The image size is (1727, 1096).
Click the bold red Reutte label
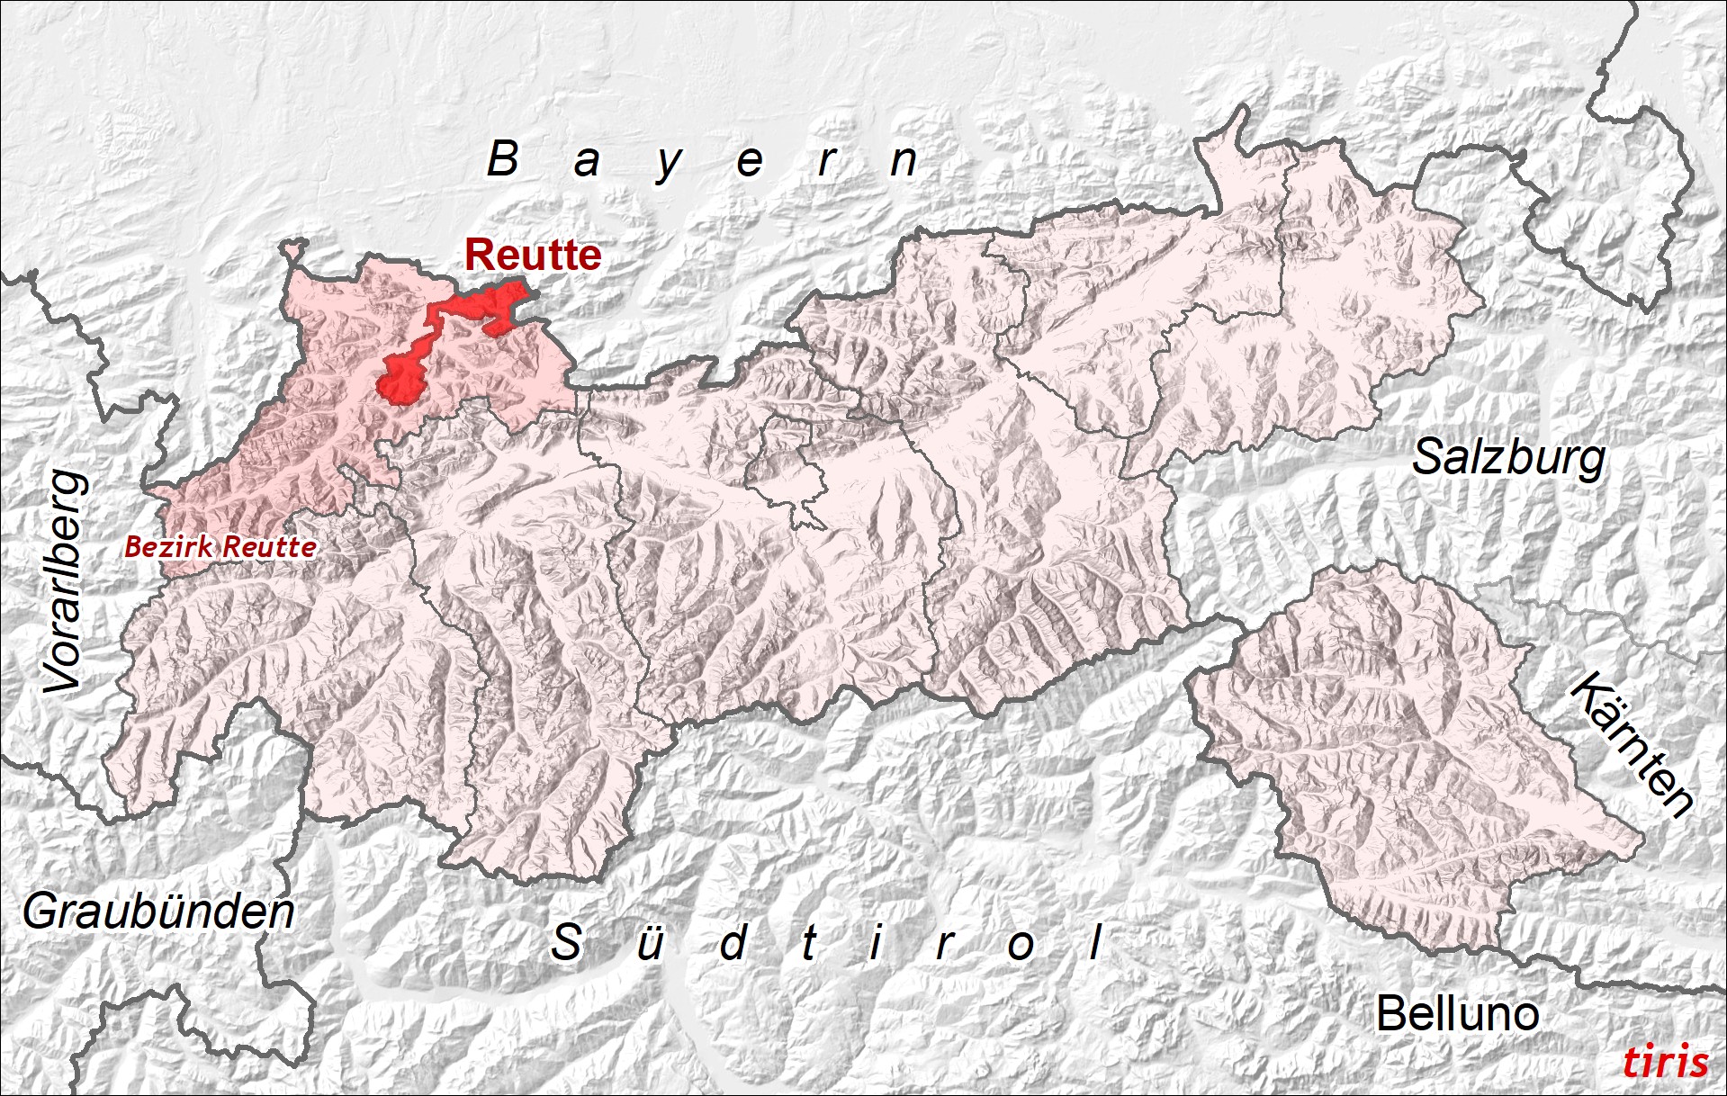[x=533, y=256]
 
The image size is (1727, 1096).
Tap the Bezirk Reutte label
[x=220, y=546]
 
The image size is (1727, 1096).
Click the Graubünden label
[x=158, y=912]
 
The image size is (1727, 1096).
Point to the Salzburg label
[x=1508, y=458]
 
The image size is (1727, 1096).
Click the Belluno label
[x=1457, y=1014]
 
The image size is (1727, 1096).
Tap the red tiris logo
[x=1665, y=1062]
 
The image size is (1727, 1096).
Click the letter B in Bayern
[x=503, y=159]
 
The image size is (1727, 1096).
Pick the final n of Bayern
[x=904, y=161]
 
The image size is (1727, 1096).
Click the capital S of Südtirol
[x=566, y=942]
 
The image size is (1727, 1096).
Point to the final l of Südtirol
[x=1096, y=942]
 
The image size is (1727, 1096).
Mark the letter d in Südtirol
[x=733, y=942]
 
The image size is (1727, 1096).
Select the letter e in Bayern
[x=750, y=162]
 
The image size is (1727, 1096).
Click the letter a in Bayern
[x=586, y=162]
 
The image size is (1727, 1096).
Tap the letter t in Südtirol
[x=809, y=943]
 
